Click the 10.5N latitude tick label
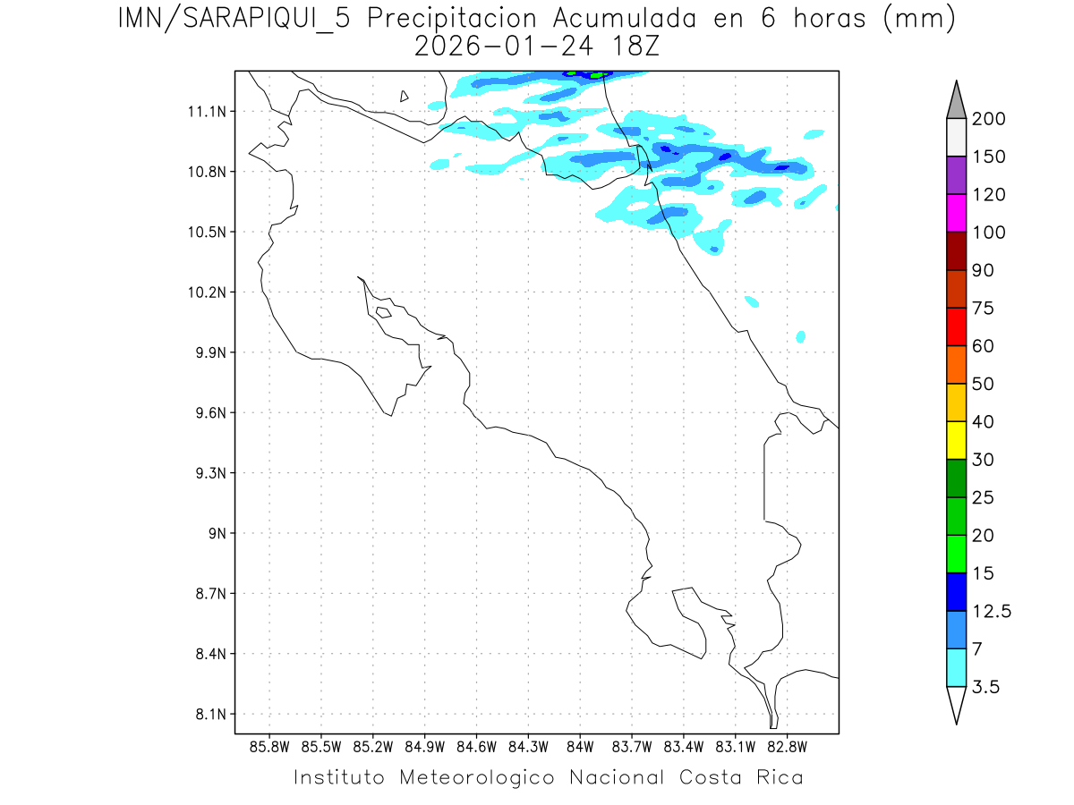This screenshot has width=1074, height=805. [x=205, y=232]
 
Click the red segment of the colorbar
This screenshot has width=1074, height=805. [x=956, y=326]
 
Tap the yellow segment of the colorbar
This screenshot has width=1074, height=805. [x=956, y=440]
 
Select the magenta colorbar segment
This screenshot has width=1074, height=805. [x=956, y=213]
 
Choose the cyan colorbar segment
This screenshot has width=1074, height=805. [x=956, y=667]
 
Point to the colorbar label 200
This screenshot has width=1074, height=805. [x=988, y=119]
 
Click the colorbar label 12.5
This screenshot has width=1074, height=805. [x=992, y=612]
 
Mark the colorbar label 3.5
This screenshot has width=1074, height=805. [x=986, y=687]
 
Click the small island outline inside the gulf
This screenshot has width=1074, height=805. [x=383, y=312]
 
